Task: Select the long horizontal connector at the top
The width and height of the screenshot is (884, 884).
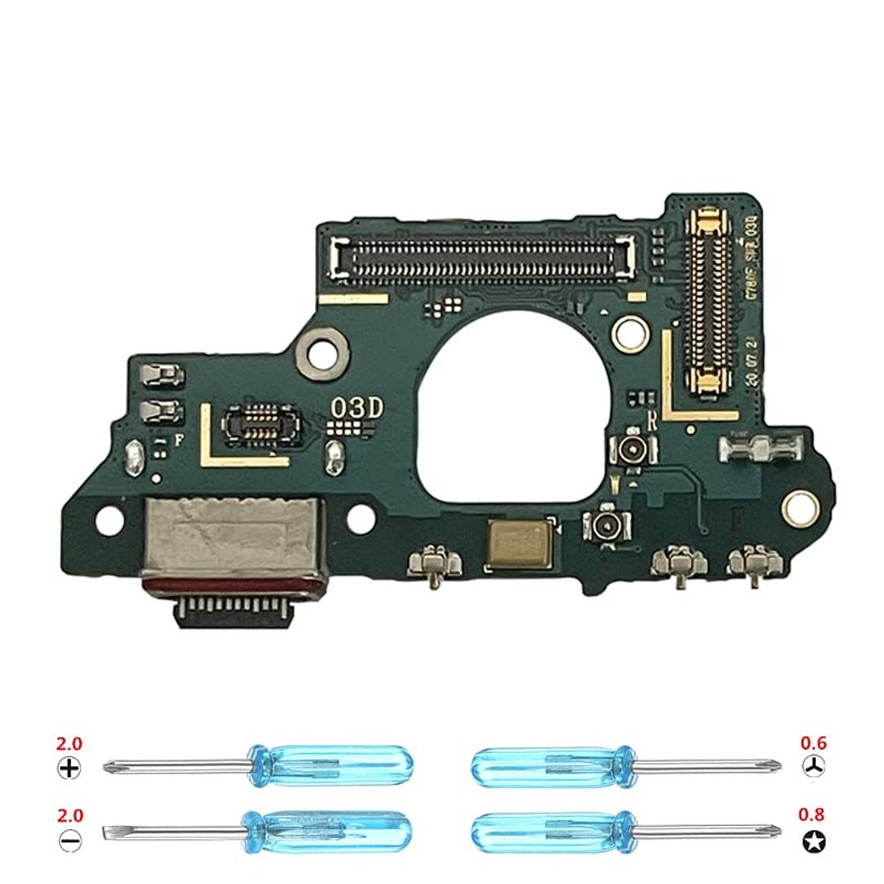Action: (x=484, y=256)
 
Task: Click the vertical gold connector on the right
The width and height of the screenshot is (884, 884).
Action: (x=709, y=298)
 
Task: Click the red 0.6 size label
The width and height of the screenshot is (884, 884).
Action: (x=813, y=744)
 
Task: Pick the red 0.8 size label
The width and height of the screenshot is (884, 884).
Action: (x=813, y=815)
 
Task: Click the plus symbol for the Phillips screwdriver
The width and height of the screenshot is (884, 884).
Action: (x=70, y=768)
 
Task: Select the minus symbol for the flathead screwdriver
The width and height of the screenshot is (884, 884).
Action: (x=70, y=839)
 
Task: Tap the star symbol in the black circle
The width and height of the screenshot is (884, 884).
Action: (x=814, y=839)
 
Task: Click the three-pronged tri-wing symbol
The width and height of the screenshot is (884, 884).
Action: (x=814, y=767)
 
